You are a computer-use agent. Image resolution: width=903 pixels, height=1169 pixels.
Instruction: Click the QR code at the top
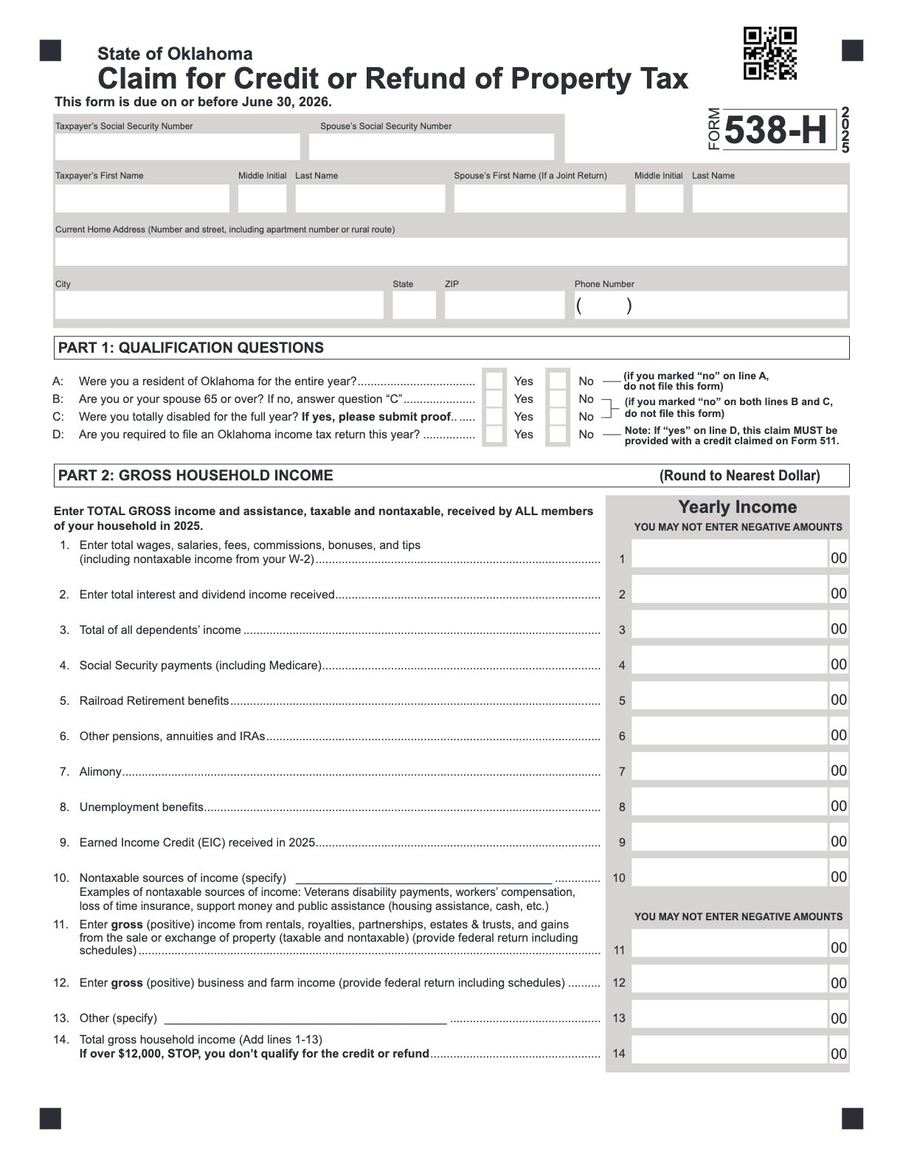coord(769,53)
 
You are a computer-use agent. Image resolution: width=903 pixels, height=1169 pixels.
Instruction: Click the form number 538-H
coord(776,131)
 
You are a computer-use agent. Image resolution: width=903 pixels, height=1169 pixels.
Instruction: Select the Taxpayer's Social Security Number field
coord(177,146)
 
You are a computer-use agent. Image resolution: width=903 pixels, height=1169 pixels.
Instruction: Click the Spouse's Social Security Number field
coord(431,146)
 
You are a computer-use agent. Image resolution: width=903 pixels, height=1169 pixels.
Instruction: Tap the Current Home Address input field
coord(450,252)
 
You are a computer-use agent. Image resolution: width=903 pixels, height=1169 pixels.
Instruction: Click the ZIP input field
coord(504,305)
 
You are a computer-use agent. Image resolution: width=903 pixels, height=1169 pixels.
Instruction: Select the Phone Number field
coord(710,305)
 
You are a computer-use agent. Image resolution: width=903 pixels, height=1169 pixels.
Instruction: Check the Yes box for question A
coord(494,382)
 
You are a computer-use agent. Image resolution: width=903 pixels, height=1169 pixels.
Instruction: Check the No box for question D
coord(558,435)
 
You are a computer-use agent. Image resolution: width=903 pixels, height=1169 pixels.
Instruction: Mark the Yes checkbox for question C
coord(494,417)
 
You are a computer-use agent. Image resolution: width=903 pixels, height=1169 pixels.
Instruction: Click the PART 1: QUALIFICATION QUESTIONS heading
coord(191,348)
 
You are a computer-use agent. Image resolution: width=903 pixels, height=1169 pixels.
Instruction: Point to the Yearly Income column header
coord(737,507)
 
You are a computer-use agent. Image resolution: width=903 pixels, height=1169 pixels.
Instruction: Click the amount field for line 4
coord(730,664)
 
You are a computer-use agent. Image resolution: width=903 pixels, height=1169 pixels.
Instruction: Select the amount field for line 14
coord(730,1053)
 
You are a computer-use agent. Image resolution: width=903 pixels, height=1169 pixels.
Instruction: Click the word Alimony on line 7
coord(100,771)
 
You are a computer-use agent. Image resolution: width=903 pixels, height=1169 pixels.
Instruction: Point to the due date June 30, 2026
coord(286,102)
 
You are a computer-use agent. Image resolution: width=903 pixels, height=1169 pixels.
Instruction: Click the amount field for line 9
coord(730,841)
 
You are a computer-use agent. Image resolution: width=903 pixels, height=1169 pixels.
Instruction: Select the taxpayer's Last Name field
coord(370,199)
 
